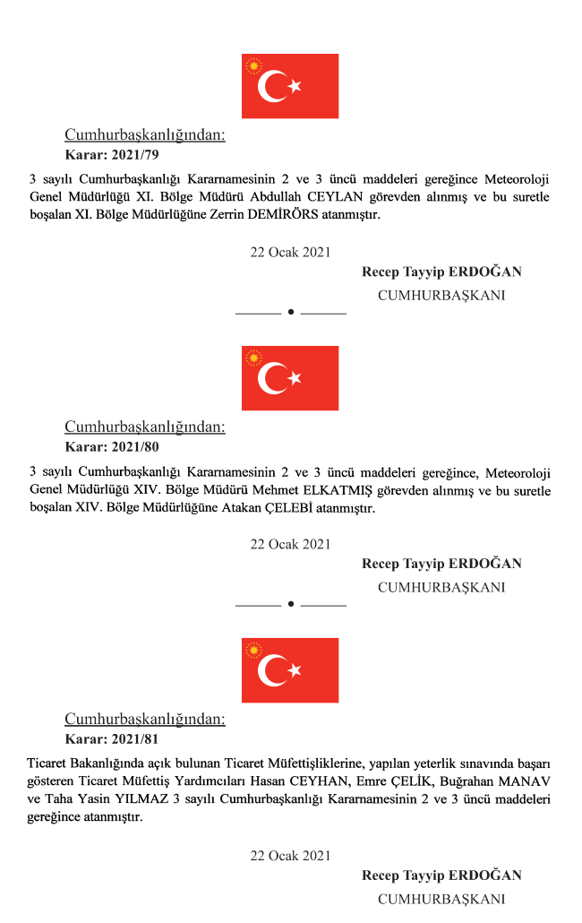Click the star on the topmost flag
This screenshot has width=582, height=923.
point(295,86)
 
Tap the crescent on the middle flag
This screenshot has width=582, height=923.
point(272,378)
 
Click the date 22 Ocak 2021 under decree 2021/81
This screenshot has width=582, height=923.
point(290,856)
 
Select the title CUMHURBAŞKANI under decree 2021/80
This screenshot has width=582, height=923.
point(441,588)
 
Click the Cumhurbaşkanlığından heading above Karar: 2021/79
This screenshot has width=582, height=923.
point(145,134)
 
